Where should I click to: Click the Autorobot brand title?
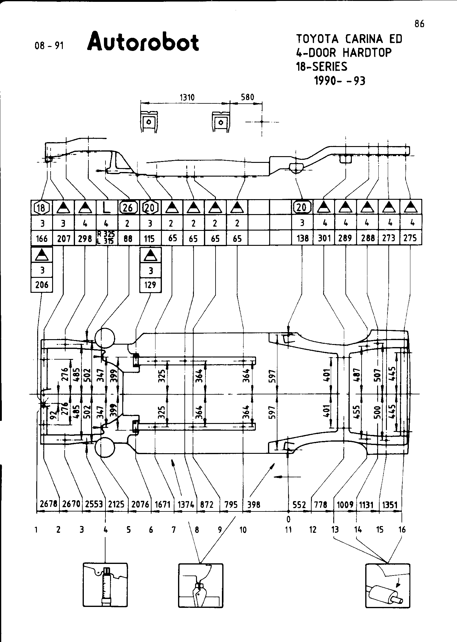[143, 41]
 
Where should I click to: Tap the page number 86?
[420, 24]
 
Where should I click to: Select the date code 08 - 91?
[49, 46]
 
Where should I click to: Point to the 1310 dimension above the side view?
[187, 97]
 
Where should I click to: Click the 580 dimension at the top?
[247, 97]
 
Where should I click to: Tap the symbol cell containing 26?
[128, 208]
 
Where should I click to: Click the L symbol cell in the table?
[106, 208]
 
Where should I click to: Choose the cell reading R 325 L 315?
[106, 238]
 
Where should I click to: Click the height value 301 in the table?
[324, 238]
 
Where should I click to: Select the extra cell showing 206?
[42, 285]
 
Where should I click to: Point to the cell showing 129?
[150, 285]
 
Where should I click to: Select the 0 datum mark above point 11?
[288, 519]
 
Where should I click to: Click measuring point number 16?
[402, 530]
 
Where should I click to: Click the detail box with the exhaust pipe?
[387, 586]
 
